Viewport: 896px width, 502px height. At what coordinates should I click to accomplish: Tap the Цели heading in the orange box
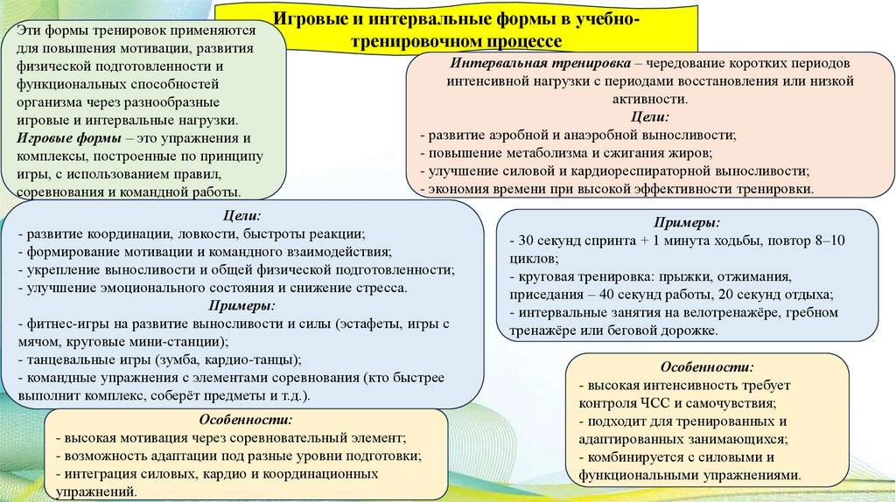pyautogui.click(x=649, y=116)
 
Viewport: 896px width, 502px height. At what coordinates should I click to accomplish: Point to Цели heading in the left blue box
pyautogui.click(x=241, y=215)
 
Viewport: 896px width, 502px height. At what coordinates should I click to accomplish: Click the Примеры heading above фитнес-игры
pyautogui.click(x=241, y=305)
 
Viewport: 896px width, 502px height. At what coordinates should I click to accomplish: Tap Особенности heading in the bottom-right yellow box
pyautogui.click(x=708, y=367)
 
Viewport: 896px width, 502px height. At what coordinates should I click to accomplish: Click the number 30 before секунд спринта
pyautogui.click(x=526, y=240)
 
